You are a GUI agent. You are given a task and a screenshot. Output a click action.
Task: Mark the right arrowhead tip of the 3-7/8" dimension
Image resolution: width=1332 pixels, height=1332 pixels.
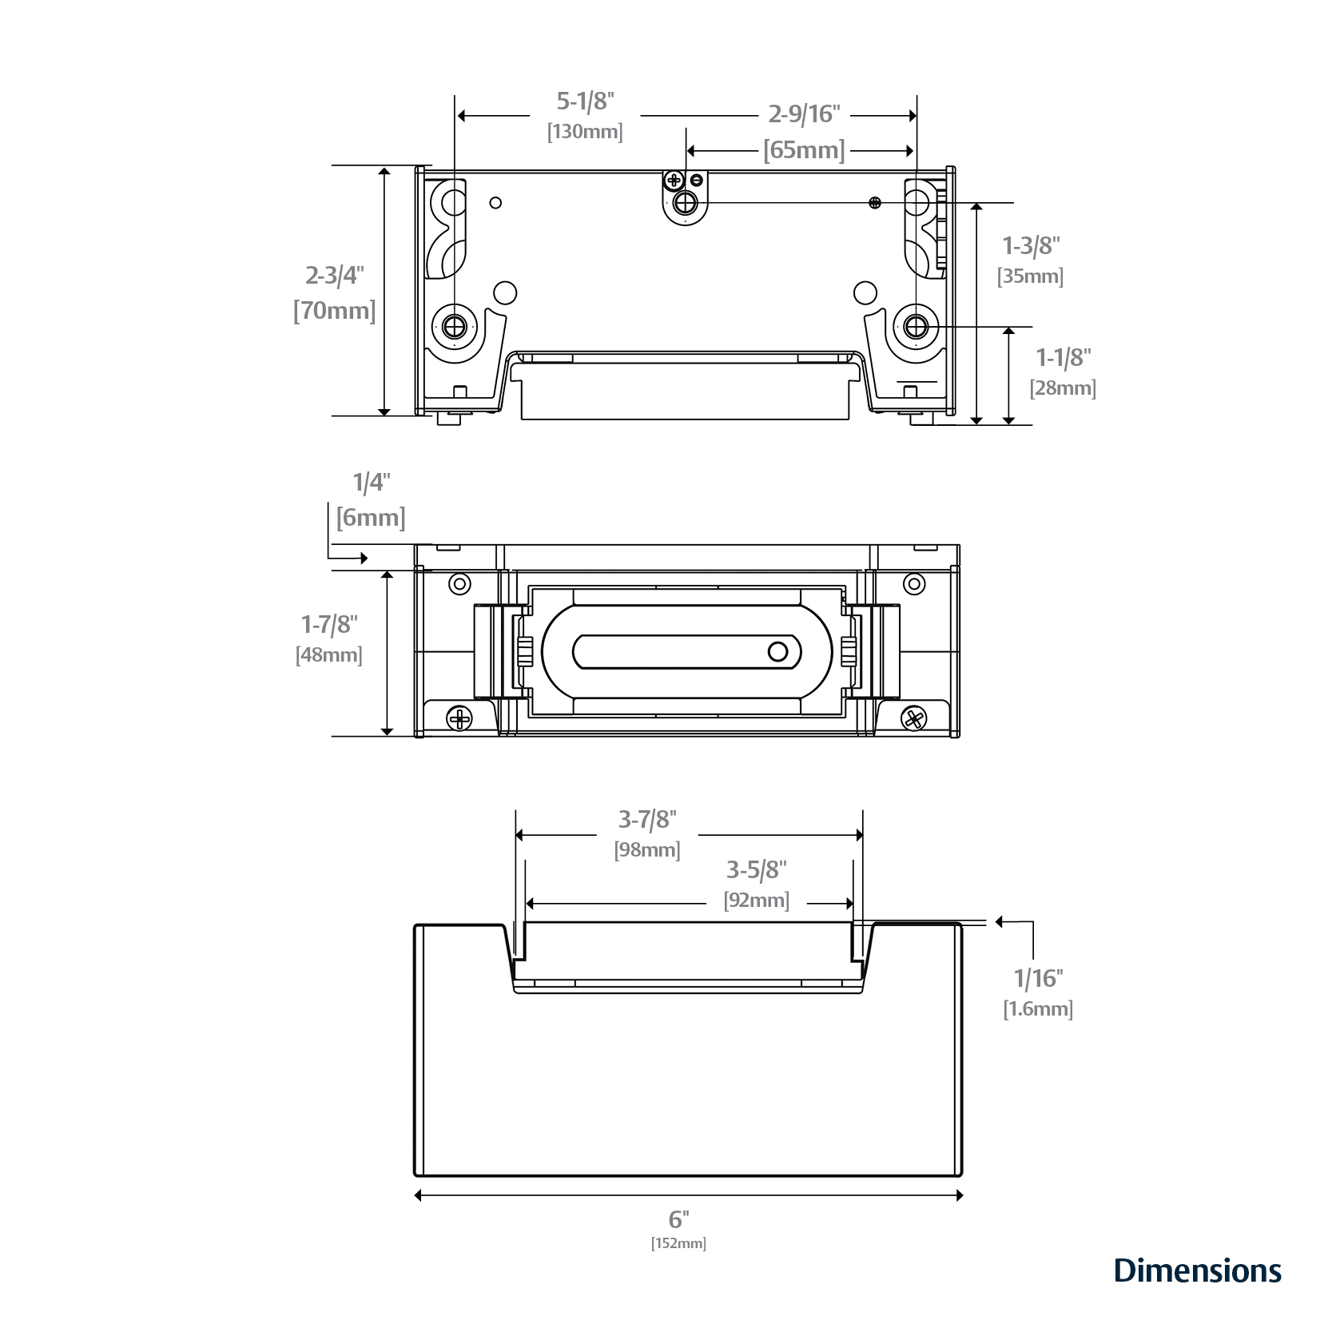pos(864,835)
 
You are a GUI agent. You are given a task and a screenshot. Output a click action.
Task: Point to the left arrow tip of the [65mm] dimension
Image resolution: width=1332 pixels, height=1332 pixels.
pos(686,150)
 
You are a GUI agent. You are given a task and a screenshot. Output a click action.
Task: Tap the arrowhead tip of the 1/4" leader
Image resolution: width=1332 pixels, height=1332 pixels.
pos(368,558)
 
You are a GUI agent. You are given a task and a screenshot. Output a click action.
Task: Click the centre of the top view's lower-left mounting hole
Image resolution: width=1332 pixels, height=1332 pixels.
pos(455,326)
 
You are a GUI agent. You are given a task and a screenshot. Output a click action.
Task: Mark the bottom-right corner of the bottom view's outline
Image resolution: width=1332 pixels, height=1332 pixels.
pos(961,1176)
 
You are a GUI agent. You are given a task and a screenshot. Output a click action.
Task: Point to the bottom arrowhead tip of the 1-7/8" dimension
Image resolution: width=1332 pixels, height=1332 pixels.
pos(387,735)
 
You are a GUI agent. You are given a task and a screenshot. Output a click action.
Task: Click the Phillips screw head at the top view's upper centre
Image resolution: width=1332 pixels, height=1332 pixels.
pos(674,181)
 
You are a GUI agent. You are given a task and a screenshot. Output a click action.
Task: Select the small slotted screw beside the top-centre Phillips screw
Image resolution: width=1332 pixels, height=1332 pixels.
pos(697,180)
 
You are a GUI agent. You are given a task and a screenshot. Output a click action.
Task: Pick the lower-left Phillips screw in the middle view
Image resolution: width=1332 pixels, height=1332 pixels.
pos(459,720)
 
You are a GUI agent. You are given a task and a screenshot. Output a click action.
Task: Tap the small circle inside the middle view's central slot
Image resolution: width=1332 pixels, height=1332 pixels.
pos(777,652)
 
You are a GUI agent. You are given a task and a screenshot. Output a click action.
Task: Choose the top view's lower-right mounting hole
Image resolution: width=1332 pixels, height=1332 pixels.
pos(915,326)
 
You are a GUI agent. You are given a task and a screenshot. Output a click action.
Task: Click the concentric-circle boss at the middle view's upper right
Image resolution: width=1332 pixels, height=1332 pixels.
pos(914,584)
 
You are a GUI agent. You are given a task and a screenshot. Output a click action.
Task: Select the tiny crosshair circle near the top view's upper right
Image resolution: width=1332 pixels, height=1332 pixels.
pos(875,203)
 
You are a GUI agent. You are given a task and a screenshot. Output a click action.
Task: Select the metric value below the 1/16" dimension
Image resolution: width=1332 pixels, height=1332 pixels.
pos(1038,1009)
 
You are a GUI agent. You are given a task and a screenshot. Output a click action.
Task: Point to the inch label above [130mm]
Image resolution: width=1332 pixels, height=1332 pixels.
pos(585,101)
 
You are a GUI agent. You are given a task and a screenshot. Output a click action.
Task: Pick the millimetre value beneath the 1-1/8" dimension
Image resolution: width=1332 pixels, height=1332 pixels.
pos(1063,388)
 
